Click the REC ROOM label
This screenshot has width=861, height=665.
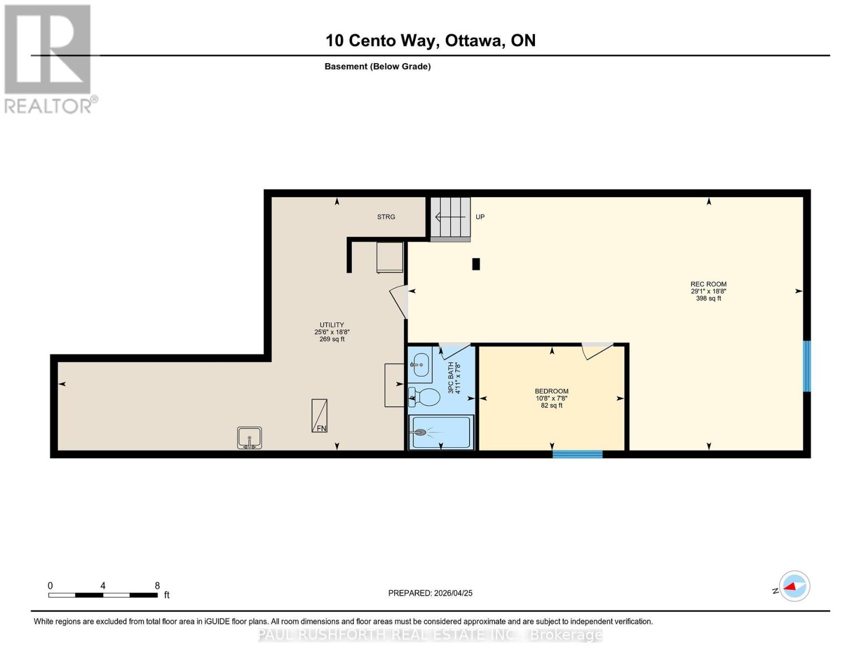[709, 284]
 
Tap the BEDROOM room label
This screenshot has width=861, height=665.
[552, 391]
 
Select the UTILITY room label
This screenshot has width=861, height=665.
[332, 325]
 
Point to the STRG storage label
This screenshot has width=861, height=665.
[386, 217]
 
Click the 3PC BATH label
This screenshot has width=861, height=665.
[451, 377]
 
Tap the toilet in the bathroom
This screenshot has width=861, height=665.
[424, 397]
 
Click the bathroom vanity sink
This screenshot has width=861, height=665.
[420, 365]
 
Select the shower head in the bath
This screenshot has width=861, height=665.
[419, 432]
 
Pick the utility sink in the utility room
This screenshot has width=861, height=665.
[249, 438]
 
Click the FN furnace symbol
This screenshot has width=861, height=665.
[319, 416]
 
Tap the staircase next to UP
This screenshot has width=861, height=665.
[450, 219]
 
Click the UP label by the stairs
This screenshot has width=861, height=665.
[480, 217]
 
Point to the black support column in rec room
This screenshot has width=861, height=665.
[476, 264]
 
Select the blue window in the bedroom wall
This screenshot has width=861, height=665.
[577, 454]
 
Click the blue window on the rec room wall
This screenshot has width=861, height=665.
[807, 366]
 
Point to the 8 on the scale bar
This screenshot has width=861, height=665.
[157, 585]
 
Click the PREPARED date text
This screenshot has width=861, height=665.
[430, 593]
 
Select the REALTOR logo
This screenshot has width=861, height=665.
[49, 59]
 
